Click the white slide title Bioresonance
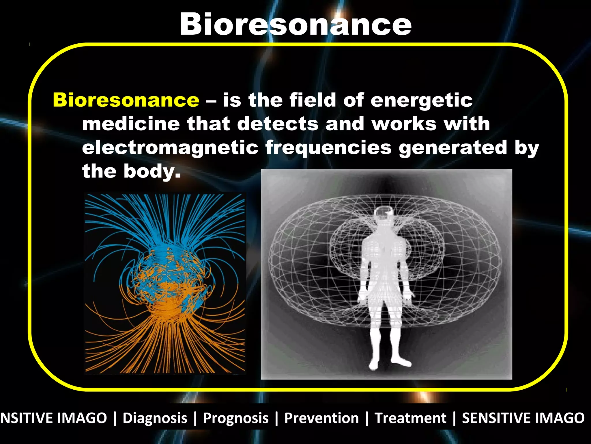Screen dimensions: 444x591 [x=295, y=25]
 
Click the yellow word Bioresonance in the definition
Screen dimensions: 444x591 [x=126, y=100]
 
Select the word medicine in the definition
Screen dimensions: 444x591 [x=131, y=124]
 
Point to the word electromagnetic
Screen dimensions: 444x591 [x=170, y=148]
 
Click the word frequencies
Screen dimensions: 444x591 [x=328, y=148]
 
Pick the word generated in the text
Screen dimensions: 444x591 [x=452, y=147]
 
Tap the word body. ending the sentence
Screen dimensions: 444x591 [x=152, y=171]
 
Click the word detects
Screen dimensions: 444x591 [x=278, y=124]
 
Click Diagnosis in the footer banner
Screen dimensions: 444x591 [x=155, y=418]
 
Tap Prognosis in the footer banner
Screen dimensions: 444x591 [x=236, y=418]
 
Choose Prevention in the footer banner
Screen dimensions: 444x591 [x=321, y=418]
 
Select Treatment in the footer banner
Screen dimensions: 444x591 [x=410, y=418]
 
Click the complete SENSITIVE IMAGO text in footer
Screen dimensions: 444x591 [x=523, y=418]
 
